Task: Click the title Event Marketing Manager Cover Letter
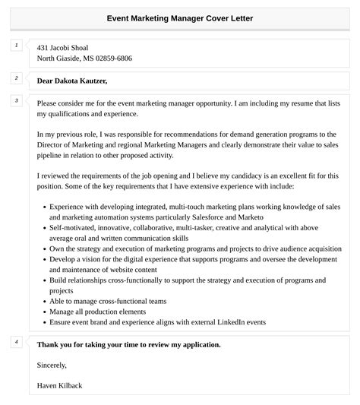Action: [180, 18]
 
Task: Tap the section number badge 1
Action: [16, 46]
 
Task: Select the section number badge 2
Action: [16, 78]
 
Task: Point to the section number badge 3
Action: [16, 100]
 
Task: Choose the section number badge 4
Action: [16, 342]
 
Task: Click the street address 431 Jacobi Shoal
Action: [63, 47]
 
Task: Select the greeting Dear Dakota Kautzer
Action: [72, 81]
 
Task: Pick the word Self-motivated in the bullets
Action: [76, 227]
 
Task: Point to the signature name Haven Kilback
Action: [60, 385]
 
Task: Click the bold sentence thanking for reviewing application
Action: [129, 344]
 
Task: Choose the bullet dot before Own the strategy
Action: [45, 248]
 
